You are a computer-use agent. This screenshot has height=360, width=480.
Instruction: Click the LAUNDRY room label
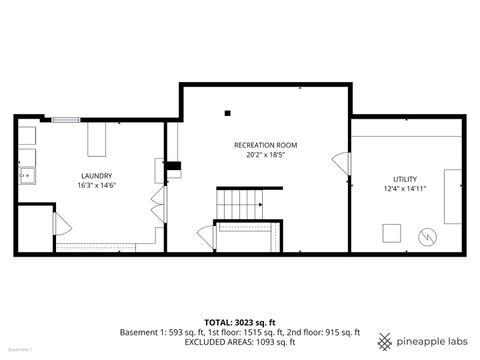(x=96, y=175)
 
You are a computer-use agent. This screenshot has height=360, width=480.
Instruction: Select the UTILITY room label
(x=404, y=180)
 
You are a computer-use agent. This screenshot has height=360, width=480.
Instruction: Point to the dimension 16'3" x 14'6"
(x=96, y=187)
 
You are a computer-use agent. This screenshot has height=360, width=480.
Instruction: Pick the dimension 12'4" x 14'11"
(x=404, y=190)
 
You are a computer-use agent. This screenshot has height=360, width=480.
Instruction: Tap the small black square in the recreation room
(x=229, y=112)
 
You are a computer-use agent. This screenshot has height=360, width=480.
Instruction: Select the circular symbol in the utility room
(x=427, y=237)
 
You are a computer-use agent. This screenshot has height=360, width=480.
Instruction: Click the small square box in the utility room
(x=391, y=233)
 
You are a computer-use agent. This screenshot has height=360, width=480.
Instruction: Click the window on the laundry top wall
(x=66, y=121)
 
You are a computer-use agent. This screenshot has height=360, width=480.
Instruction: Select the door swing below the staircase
(x=207, y=237)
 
